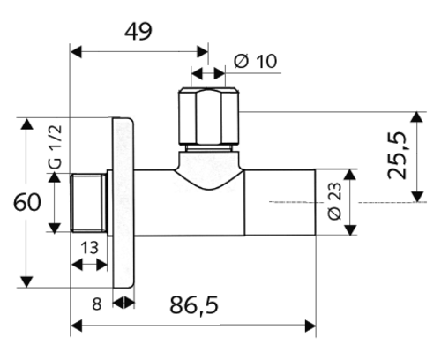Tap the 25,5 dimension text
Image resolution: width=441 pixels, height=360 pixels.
[401, 155]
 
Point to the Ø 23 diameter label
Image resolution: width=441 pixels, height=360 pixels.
[333, 202]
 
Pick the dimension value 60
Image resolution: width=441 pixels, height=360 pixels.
[31, 203]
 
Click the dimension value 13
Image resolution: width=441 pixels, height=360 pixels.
[89, 248]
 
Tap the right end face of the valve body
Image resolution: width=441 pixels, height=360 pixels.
[313, 203]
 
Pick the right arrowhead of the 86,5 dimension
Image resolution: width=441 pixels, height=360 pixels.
[310, 327]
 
